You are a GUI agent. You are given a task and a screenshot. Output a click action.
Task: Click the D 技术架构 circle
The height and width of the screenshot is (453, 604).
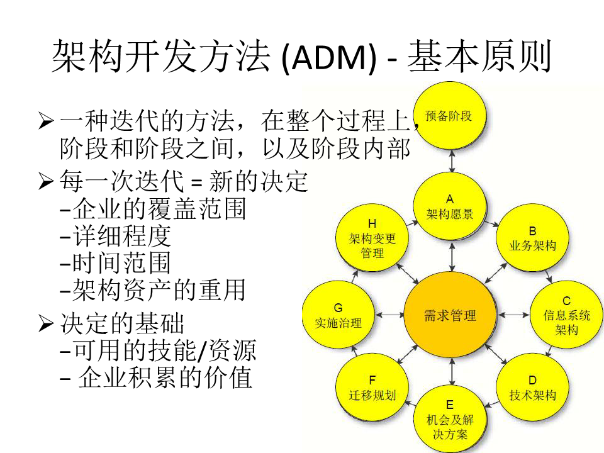click(532, 388)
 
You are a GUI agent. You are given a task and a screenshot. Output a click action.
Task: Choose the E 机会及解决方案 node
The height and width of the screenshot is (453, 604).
click(449, 419)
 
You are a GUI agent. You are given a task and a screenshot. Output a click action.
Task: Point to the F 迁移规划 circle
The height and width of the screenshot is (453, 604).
click(372, 388)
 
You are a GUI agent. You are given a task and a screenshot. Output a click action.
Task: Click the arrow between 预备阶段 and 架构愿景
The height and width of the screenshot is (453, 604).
click(452, 162)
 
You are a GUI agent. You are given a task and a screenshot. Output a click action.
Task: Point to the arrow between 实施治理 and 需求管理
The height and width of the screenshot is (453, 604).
click(389, 313)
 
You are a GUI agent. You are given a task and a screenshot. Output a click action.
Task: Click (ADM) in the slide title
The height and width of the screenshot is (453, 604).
click(329, 58)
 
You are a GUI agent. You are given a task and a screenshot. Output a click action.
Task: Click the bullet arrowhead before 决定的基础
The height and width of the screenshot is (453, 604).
click(45, 324)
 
